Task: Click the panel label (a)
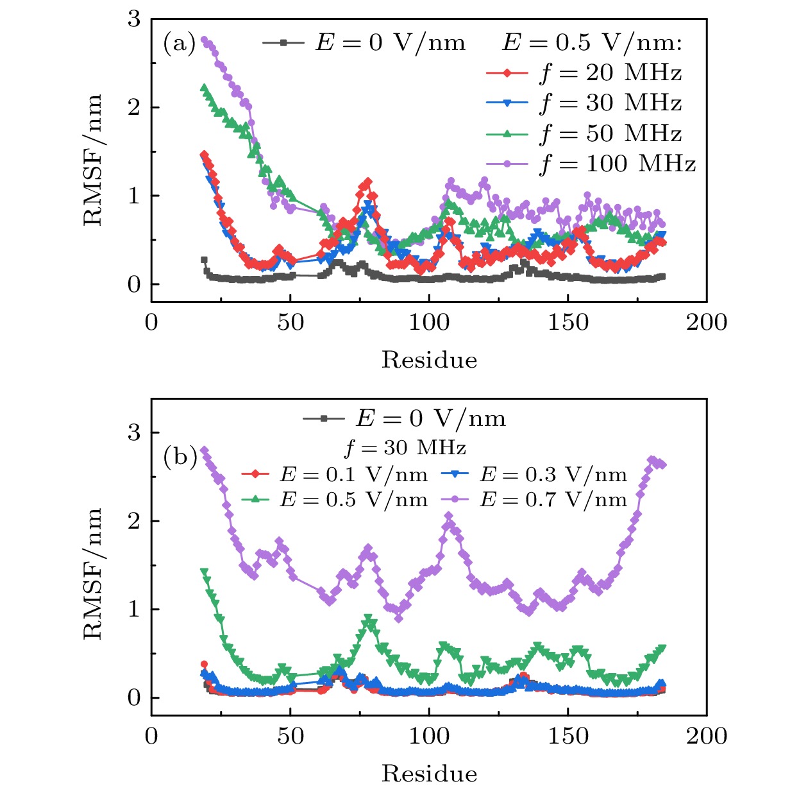tap(179, 44)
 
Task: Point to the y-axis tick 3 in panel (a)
tap(133, 19)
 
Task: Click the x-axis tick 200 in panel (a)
tap(706, 322)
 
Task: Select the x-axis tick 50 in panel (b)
tap(290, 736)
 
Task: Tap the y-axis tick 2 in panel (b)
tap(133, 521)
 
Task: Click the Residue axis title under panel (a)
tap(429, 360)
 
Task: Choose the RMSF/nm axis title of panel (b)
tap(93, 574)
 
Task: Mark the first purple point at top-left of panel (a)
tap(205, 40)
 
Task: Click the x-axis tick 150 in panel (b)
tap(568, 736)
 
